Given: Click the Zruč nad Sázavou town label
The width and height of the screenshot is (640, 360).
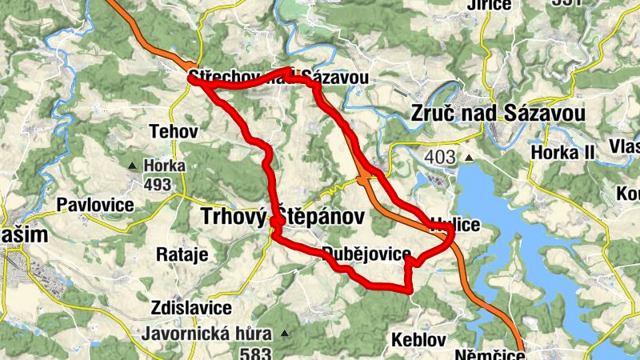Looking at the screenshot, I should [x=497, y=113].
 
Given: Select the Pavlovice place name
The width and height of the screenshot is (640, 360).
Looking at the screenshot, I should [x=94, y=205].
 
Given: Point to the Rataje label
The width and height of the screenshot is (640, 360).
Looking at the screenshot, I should [x=182, y=255].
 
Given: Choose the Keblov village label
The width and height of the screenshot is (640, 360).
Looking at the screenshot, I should [x=418, y=340].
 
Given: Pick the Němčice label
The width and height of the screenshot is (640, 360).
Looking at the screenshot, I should [x=489, y=354].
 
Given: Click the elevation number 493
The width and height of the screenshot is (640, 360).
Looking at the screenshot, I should [x=158, y=185].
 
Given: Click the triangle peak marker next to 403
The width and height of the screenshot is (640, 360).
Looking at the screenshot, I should [x=468, y=158].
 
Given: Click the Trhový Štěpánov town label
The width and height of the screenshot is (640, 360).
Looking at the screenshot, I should [x=281, y=216].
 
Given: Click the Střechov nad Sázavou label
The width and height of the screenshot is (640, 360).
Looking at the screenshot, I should [x=278, y=78].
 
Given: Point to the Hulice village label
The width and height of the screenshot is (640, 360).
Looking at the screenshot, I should [x=455, y=225].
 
